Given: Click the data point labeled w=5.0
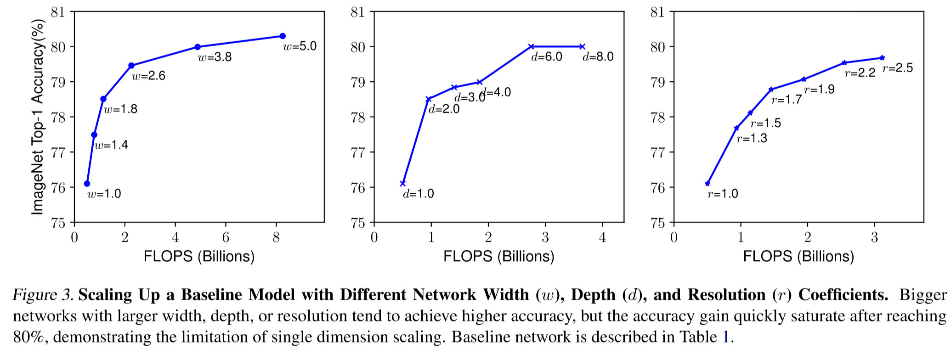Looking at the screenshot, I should [282, 36].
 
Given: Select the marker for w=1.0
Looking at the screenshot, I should [87, 184].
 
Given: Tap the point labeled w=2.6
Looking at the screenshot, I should [131, 66].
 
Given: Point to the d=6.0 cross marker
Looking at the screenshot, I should [532, 46].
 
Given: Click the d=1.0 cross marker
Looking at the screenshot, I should [403, 184].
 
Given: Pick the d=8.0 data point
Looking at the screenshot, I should [583, 46].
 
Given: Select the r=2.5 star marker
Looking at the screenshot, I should [882, 58].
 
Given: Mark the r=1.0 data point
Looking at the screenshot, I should [708, 184].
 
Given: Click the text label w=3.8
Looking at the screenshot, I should [215, 57].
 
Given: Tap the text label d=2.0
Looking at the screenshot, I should [444, 109].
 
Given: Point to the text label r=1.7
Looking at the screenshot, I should [787, 100].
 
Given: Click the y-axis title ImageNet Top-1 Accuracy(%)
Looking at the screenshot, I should [38, 117].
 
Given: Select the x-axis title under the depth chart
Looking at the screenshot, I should [498, 256].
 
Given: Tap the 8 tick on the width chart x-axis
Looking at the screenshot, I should [276, 237].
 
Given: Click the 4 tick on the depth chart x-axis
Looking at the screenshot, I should [603, 237].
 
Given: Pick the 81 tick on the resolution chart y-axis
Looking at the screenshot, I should [657, 12].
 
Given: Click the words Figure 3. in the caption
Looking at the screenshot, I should [43, 294].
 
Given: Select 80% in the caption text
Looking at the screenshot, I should [30, 337].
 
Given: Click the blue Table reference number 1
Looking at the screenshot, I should [726, 337].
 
